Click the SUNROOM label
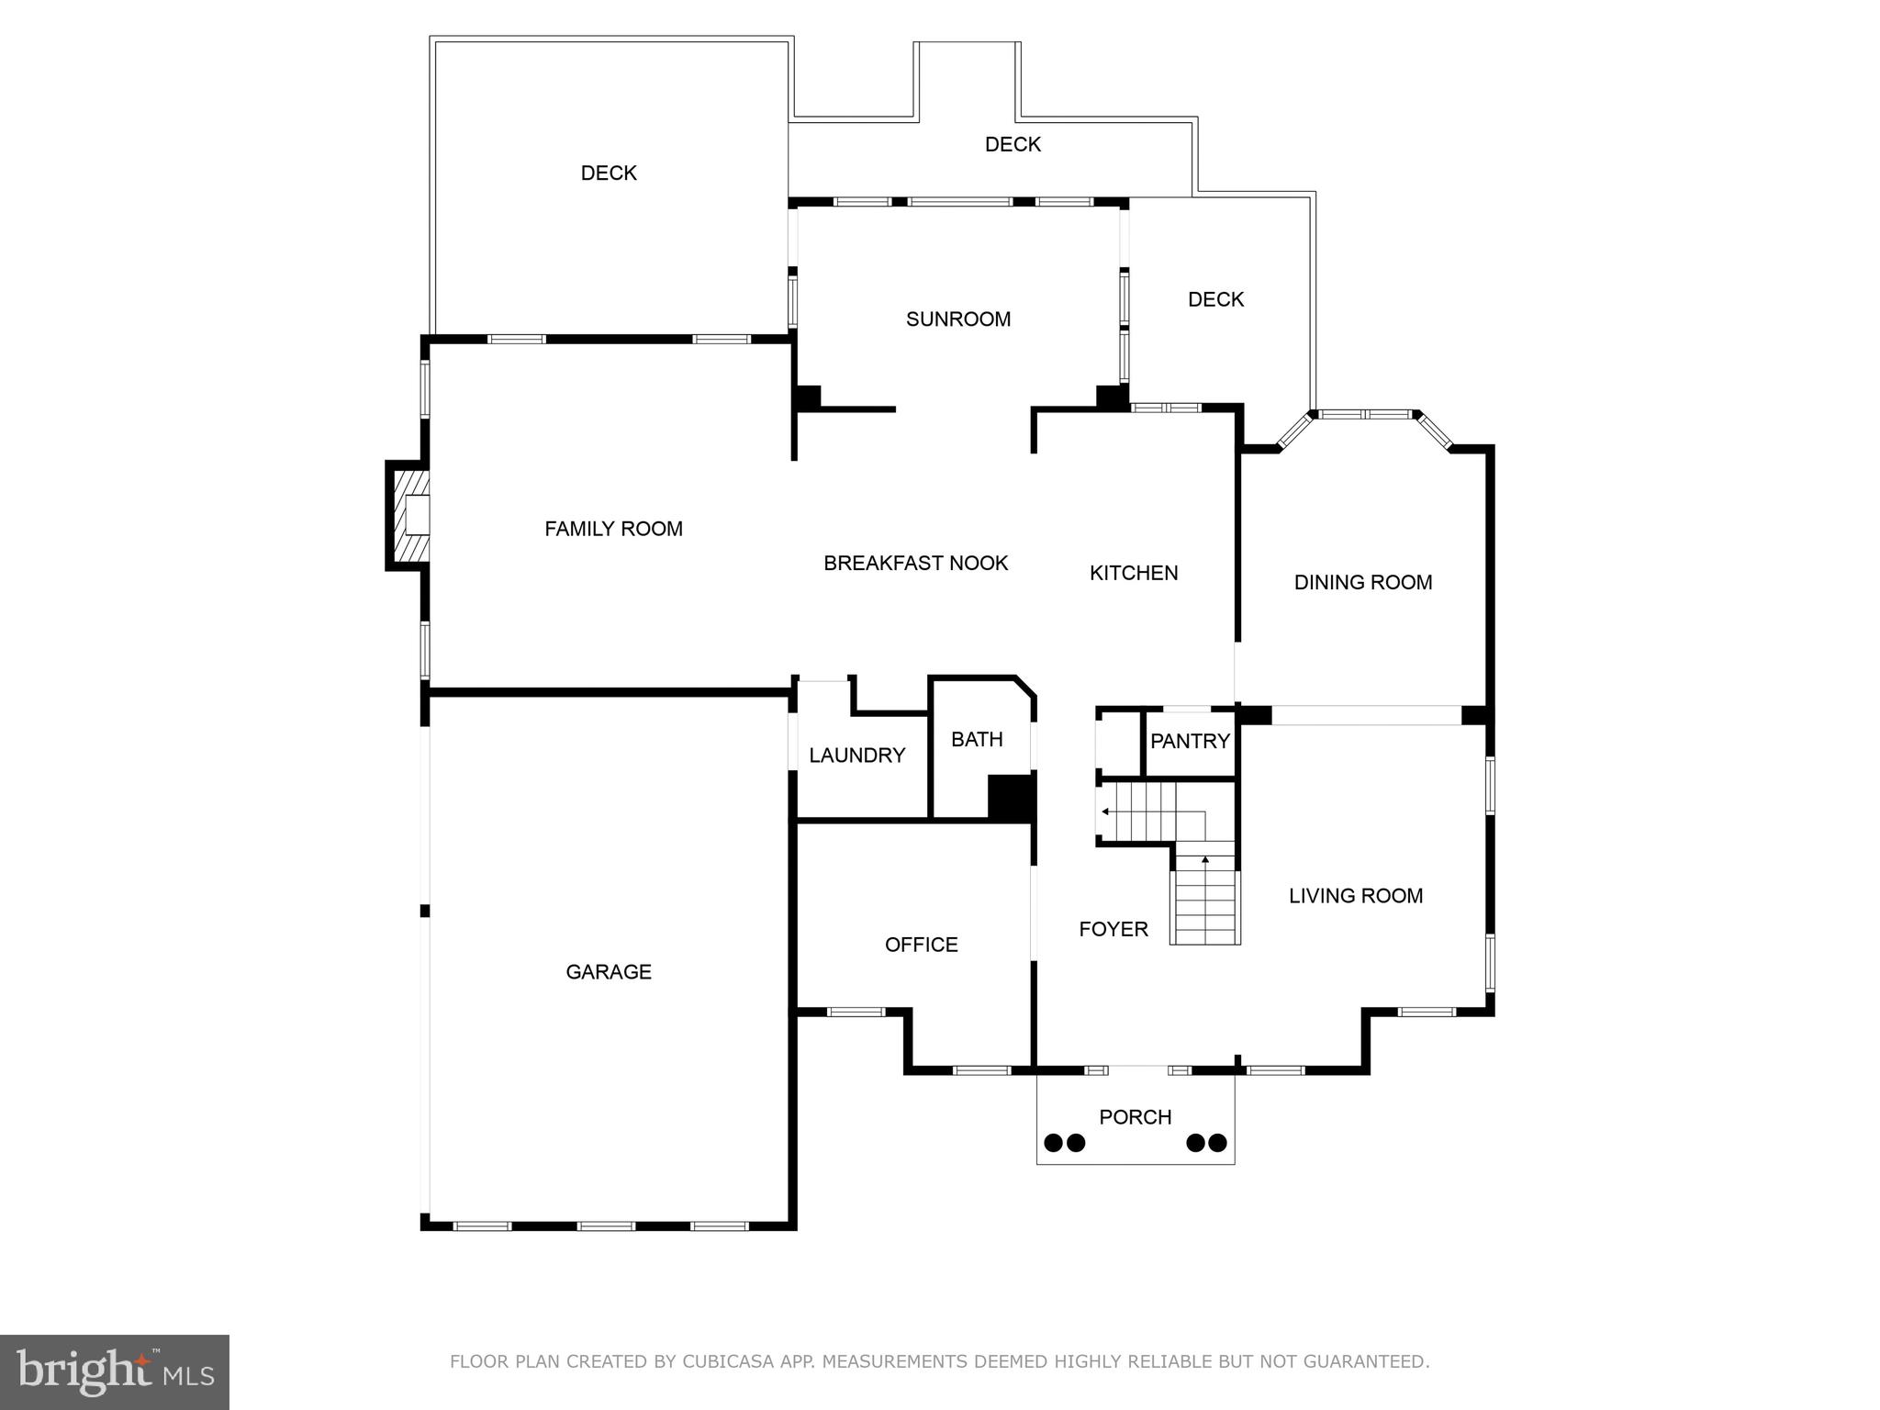(x=957, y=319)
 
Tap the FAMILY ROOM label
(x=613, y=529)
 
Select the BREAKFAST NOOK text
(x=915, y=564)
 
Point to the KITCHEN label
(x=1134, y=573)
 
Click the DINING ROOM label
(x=1362, y=582)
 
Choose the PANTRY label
(x=1190, y=742)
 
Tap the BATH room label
(x=977, y=740)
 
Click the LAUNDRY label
(x=856, y=755)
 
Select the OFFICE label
(x=921, y=945)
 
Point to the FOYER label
(x=1113, y=929)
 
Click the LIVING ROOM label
(x=1355, y=896)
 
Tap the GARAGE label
(x=608, y=972)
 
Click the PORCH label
(x=1135, y=1117)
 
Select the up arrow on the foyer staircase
(x=1205, y=860)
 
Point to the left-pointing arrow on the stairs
(x=1105, y=811)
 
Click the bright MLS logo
(x=115, y=1372)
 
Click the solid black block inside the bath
(x=1011, y=798)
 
